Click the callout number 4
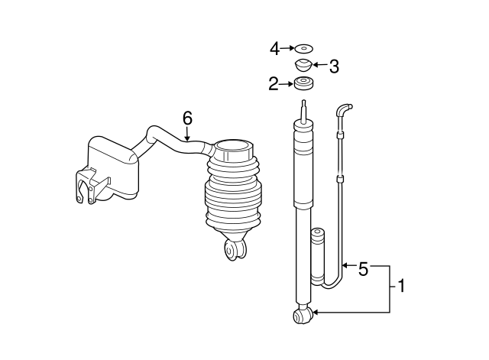point(274,49)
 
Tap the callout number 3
point(334,66)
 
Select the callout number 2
point(274,84)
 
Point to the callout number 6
point(188,118)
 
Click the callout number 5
point(364,268)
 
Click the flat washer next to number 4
point(304,49)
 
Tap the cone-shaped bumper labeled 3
point(303,65)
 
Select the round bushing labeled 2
point(304,83)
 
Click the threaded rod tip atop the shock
point(304,109)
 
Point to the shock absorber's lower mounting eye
point(303,316)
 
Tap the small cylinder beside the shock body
point(318,256)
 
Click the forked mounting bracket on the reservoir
point(87,187)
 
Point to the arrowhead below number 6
point(187,138)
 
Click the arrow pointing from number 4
point(287,48)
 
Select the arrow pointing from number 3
point(320,65)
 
